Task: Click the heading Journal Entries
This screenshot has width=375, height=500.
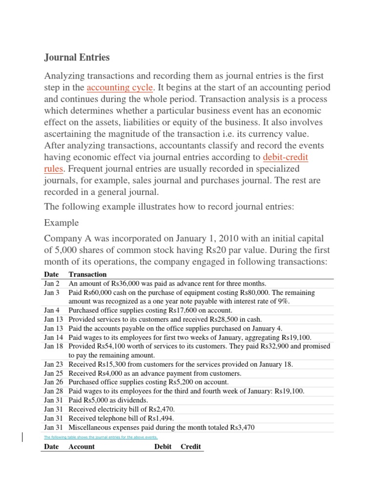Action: coord(77,58)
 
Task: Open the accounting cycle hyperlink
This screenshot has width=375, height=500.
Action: coord(120,88)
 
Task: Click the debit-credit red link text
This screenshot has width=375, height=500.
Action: coord(286,157)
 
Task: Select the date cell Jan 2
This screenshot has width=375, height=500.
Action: coord(51,283)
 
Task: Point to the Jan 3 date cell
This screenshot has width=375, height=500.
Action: coord(51,292)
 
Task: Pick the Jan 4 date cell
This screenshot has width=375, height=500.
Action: coord(51,310)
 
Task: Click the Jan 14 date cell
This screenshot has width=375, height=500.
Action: coord(53,337)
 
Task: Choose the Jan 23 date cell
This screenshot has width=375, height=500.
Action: coord(53,364)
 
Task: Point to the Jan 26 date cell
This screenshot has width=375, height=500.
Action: coord(53,382)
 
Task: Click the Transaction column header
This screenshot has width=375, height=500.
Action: coord(88,274)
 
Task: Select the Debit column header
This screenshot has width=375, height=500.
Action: coord(163,447)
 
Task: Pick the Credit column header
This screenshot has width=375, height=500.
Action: coord(191,447)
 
